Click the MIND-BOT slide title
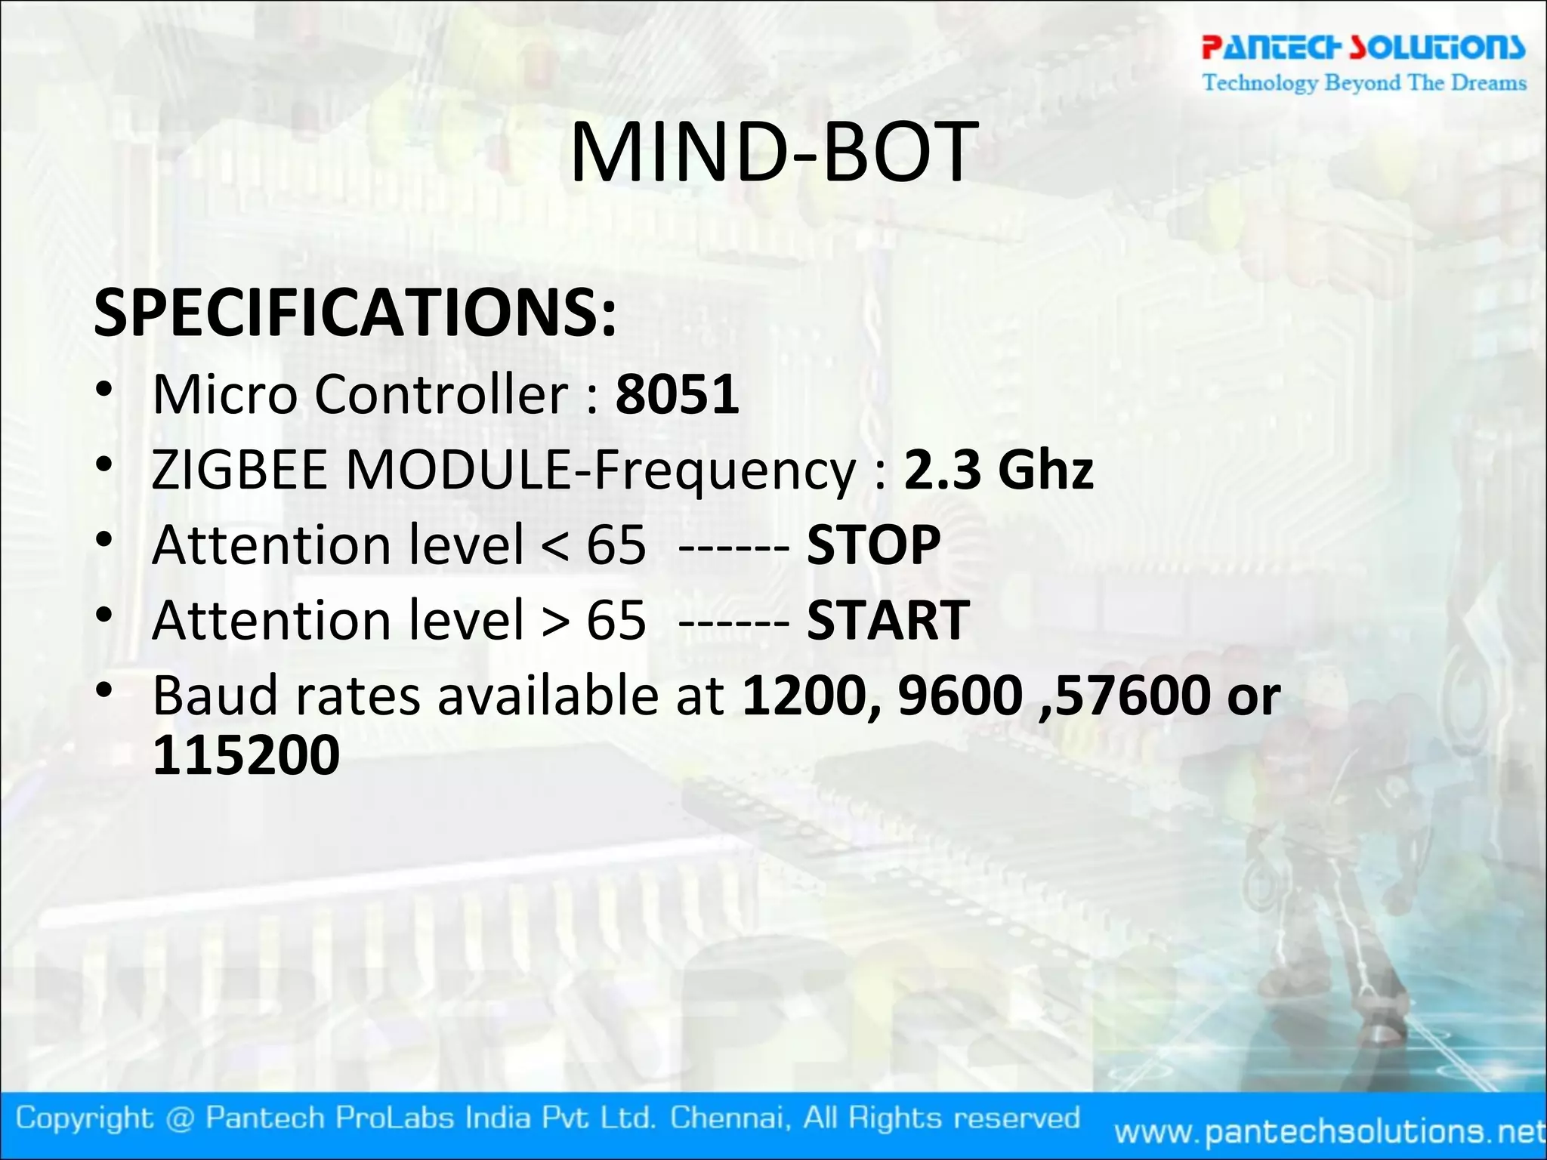click(773, 153)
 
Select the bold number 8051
click(677, 394)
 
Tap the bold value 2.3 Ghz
click(998, 470)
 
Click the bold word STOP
click(873, 545)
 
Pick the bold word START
click(888, 620)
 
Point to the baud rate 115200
click(246, 754)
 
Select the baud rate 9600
click(960, 696)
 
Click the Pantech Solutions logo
click(1363, 47)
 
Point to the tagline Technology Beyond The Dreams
click(1364, 82)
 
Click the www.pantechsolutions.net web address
click(1329, 1131)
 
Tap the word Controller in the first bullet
click(441, 394)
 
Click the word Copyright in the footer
click(84, 1118)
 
